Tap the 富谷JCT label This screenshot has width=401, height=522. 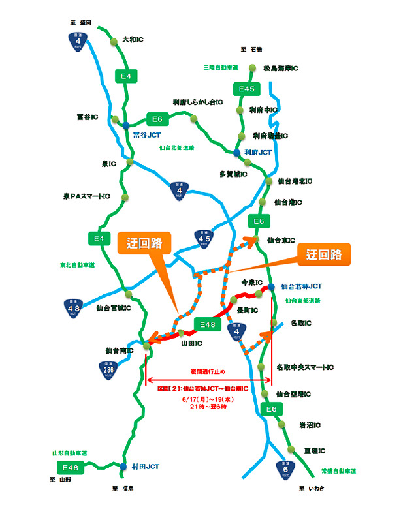[147, 135]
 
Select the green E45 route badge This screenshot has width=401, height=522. [248, 89]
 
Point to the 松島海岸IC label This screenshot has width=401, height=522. [280, 68]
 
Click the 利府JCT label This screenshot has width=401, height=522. [257, 152]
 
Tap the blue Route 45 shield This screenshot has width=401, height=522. [203, 239]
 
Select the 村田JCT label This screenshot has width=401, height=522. [145, 467]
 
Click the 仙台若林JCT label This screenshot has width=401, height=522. [301, 286]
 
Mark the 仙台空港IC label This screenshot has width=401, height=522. [293, 394]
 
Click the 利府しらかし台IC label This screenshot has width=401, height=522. [198, 102]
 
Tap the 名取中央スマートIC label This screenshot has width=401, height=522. [305, 367]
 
